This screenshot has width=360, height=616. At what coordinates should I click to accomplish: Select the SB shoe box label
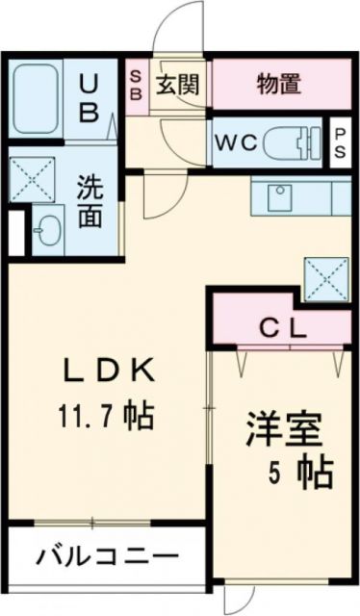136,85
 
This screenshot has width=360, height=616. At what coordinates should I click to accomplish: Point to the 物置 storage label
279,85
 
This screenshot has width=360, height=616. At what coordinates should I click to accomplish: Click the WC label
235,142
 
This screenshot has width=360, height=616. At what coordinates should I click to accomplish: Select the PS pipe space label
342,142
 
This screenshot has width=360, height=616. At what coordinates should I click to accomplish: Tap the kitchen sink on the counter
283,200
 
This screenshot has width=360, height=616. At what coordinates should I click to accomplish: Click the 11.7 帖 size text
106,419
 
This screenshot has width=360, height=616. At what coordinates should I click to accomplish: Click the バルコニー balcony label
108,556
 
